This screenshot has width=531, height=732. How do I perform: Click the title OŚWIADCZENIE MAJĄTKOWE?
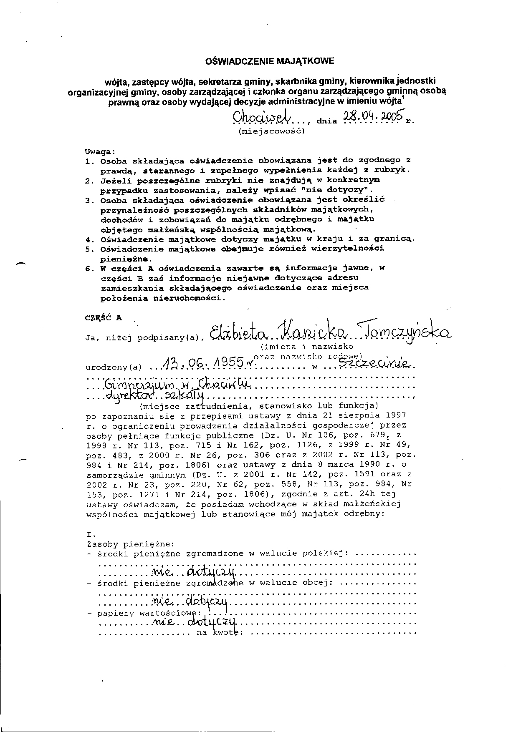[270, 61]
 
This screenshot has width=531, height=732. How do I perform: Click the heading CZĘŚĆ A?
[103, 317]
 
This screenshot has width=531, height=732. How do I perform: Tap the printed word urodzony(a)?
[114, 367]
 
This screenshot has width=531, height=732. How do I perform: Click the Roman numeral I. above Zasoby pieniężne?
[91, 534]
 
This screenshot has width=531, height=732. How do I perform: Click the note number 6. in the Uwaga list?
[90, 268]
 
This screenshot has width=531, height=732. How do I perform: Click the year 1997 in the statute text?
[396, 415]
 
